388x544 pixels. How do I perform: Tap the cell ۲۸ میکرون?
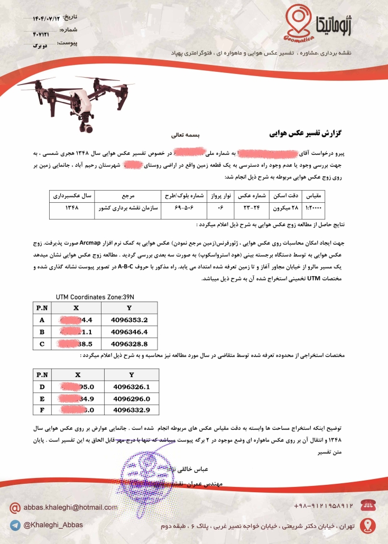[285, 208]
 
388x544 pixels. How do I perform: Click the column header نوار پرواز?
[217, 196]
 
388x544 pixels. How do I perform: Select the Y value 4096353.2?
[130, 320]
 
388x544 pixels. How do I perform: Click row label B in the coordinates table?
[42, 332]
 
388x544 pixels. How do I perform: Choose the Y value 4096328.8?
[130, 344]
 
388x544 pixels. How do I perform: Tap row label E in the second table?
[42, 399]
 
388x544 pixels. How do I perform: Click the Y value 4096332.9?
[132, 410]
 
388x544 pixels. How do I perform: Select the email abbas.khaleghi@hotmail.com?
[70, 507]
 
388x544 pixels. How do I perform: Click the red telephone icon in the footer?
[368, 505]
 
